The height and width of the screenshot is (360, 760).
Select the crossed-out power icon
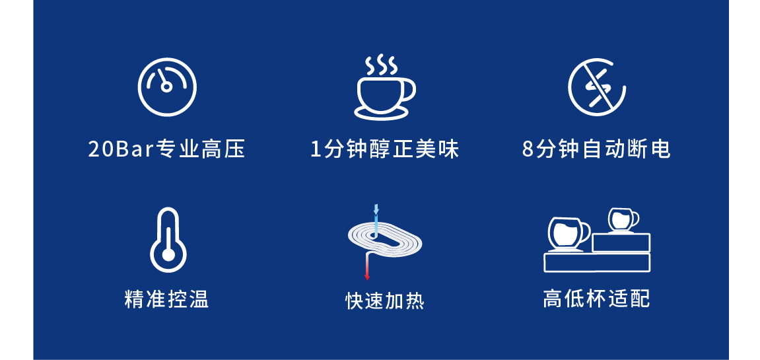pyautogui.click(x=597, y=87)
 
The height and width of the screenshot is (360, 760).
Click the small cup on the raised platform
pyautogui.click(x=623, y=220)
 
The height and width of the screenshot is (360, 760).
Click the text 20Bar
pyautogui.click(x=120, y=149)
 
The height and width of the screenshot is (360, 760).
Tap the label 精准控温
pyautogui.click(x=167, y=299)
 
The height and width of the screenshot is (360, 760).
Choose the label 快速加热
pyautogui.click(x=385, y=301)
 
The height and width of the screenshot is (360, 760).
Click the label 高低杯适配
pyautogui.click(x=597, y=299)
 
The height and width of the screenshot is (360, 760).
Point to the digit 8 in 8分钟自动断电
pyautogui.click(x=528, y=149)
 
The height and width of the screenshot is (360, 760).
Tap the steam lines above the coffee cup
pyautogui.click(x=381, y=66)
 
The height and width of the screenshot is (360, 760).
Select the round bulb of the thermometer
pyautogui.click(x=168, y=255)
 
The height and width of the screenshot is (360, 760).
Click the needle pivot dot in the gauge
pyautogui.click(x=166, y=87)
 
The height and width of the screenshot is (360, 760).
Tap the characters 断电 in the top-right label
pyautogui.click(x=652, y=149)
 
